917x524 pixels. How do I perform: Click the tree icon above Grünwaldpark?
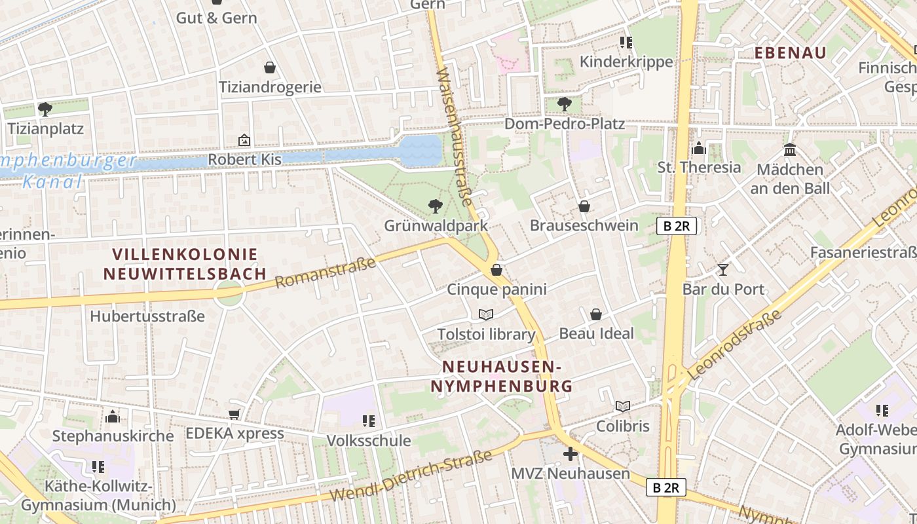click(x=435, y=207)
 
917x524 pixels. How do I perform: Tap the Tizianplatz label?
click(x=46, y=128)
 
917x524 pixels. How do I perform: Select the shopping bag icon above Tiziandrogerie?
click(x=269, y=67)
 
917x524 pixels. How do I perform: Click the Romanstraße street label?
click(x=326, y=272)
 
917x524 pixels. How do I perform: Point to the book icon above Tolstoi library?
click(x=485, y=315)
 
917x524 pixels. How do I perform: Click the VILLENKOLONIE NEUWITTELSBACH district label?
click(x=185, y=264)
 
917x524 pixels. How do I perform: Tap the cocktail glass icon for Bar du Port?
click(x=723, y=269)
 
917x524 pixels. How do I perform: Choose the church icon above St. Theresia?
click(x=699, y=148)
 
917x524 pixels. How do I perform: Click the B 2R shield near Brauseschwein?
click(x=676, y=227)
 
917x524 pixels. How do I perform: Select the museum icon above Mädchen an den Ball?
click(x=790, y=150)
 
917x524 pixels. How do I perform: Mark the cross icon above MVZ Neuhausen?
click(x=571, y=453)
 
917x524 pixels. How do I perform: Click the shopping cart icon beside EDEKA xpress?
click(x=234, y=414)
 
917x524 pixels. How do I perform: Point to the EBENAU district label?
click(x=791, y=53)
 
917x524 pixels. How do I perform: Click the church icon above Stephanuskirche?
click(x=113, y=417)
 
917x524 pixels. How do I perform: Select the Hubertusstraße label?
click(x=147, y=316)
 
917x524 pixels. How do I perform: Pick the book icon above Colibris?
click(x=622, y=406)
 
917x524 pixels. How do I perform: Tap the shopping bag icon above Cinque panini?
click(x=496, y=270)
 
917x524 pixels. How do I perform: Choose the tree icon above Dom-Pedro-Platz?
click(x=564, y=103)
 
